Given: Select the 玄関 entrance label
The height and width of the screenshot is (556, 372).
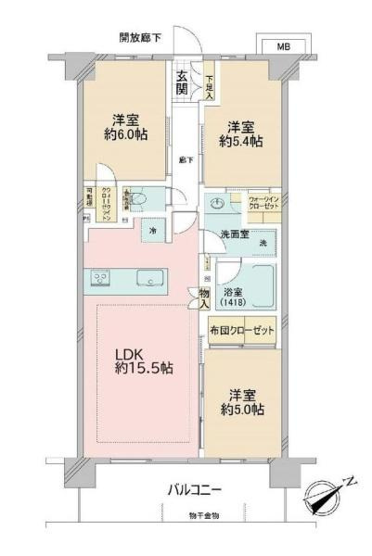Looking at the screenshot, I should tap(183, 84).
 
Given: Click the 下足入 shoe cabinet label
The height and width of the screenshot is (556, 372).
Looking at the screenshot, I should tap(210, 86).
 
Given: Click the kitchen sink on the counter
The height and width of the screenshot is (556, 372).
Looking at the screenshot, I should tap(146, 278).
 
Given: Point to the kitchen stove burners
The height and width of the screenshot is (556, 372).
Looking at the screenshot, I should tap(99, 278).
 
